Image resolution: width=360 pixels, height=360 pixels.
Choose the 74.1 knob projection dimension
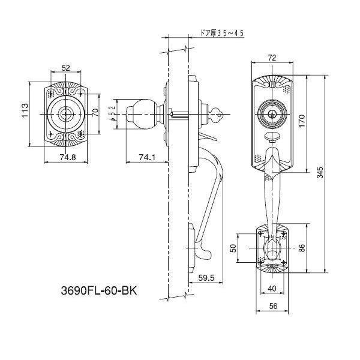[x=146, y=158]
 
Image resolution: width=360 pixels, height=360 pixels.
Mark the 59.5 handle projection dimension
[x=205, y=278]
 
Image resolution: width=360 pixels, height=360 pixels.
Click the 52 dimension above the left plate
[x=65, y=68]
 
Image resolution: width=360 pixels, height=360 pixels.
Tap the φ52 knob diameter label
[x=112, y=113]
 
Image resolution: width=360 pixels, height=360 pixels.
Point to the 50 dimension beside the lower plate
[x=233, y=248]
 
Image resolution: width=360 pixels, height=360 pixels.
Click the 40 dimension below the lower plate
[x=272, y=289]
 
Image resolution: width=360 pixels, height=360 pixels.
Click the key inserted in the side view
[x=218, y=112]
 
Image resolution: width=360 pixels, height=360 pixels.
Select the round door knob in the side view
[x=142, y=113]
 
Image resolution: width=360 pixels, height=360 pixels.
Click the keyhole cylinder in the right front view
[x=270, y=113]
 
